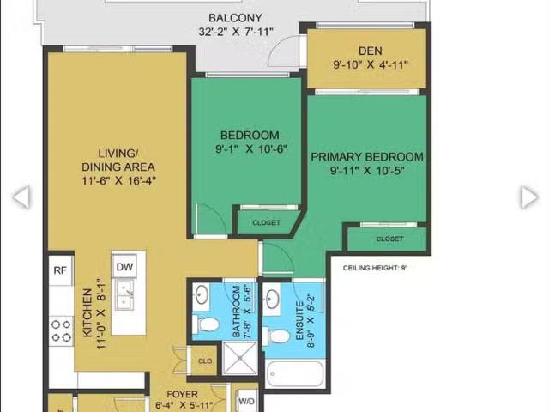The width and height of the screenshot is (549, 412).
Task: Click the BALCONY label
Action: coord(235,18)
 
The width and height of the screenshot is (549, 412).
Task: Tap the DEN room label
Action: coord(370,51)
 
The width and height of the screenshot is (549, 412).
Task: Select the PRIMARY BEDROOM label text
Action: coord(366,157)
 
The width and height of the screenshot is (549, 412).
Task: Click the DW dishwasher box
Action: coord(125,267)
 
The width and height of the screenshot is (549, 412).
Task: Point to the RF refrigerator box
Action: coord(60,270)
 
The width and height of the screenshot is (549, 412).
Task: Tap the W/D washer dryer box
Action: coord(247,401)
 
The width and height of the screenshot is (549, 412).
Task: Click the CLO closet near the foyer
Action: coord(205,361)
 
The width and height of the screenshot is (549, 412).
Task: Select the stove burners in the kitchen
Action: coord(60,331)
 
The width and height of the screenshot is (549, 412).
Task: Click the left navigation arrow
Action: coord(21,197)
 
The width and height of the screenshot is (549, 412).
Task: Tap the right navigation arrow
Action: coord(528,197)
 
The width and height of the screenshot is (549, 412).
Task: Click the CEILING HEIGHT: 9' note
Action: coord(374,268)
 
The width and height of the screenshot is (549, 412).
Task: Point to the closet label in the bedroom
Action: coord(266,223)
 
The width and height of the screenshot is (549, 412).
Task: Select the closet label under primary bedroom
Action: coord(389,239)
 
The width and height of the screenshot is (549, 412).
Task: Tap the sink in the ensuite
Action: coord(273,300)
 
